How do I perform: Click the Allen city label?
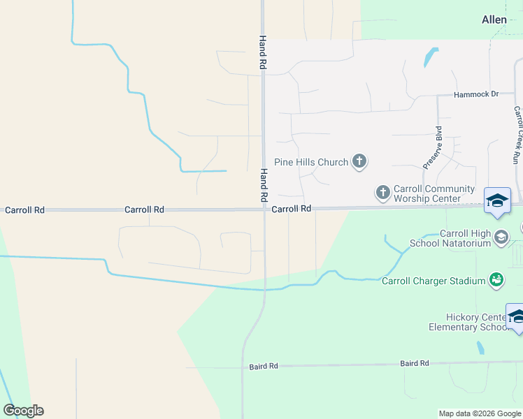click(x=494, y=20)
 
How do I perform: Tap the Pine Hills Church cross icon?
click(x=359, y=162)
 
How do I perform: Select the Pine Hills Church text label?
click(x=310, y=162)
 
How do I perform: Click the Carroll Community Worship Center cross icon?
click(x=382, y=191)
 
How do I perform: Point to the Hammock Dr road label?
click(x=475, y=94)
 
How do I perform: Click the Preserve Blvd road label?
click(x=433, y=147)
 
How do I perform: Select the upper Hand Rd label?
click(x=263, y=52)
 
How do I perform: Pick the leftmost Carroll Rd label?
click(x=24, y=209)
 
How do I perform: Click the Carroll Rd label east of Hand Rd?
click(x=291, y=209)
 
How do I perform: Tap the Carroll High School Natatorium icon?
click(x=501, y=238)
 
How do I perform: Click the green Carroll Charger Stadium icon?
click(x=496, y=280)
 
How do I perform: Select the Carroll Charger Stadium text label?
click(x=434, y=281)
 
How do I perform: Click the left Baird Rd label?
click(x=264, y=366)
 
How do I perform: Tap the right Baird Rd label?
click(x=414, y=363)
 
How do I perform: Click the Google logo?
click(x=23, y=411)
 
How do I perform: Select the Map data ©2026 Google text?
click(x=480, y=413)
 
